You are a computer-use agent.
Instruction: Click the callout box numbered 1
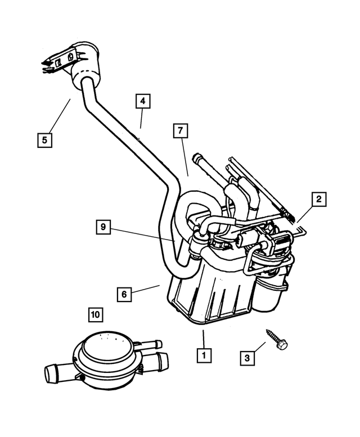point(204,355)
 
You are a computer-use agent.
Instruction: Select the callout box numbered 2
point(318,199)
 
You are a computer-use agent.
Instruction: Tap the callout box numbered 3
point(246,357)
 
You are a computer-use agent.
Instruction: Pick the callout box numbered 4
point(143,101)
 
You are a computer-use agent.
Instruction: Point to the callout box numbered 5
point(45,139)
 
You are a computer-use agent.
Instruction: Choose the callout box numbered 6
point(125,294)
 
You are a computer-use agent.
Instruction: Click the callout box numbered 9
point(102,228)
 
